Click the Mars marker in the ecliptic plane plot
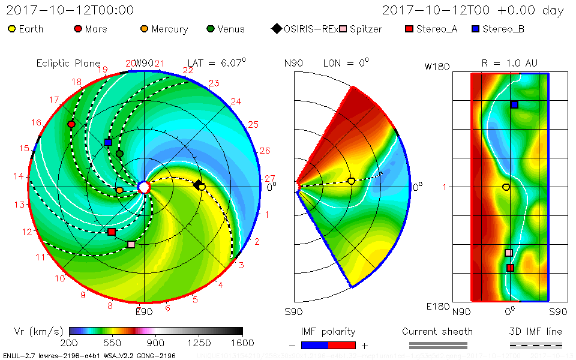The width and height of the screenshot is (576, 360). (x=71, y=124)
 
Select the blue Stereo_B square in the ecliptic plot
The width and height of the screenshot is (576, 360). (x=109, y=142)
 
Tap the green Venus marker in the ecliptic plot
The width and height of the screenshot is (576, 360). (x=119, y=154)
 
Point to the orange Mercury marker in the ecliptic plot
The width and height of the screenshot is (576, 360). (x=119, y=190)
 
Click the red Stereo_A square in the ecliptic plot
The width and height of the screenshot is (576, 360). (x=112, y=232)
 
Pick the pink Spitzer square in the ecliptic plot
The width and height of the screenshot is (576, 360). (x=131, y=244)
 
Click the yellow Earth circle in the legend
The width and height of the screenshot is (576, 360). (x=11, y=29)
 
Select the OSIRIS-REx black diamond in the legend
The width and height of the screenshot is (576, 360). (x=276, y=29)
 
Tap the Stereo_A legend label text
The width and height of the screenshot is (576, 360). (x=437, y=29)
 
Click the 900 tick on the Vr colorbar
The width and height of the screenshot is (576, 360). (x=156, y=343)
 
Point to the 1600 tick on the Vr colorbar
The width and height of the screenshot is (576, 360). (x=242, y=343)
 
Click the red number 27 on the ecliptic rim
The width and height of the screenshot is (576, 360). (x=270, y=178)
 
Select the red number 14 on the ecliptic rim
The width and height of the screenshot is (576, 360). (x=19, y=176)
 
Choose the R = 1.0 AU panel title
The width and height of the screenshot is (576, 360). (x=509, y=63)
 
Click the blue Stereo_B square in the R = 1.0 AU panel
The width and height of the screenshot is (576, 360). (x=514, y=104)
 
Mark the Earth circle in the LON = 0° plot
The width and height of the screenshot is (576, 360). (x=352, y=181)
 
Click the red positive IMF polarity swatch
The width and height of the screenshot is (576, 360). (x=342, y=345)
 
